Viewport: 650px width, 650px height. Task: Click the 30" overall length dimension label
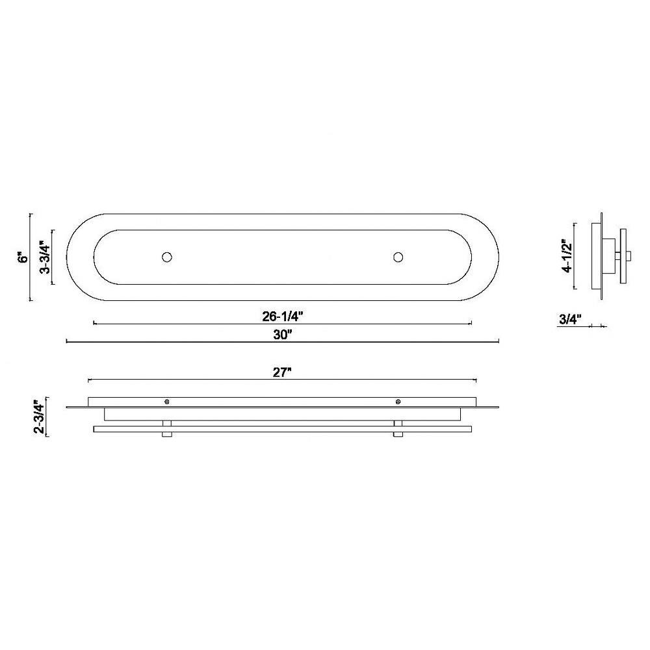[283, 335]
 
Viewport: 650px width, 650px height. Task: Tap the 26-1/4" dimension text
[283, 317]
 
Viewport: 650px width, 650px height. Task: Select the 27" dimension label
[282, 372]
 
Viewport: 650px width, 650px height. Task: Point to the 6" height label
[25, 257]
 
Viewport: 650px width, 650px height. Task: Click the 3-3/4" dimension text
[45, 257]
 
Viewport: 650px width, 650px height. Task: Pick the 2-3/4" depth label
[38, 416]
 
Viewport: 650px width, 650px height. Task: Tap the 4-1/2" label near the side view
[567, 255]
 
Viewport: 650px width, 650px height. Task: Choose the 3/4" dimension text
[571, 318]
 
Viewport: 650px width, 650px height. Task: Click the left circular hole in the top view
[166, 257]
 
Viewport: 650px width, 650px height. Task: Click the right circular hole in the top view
[398, 257]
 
